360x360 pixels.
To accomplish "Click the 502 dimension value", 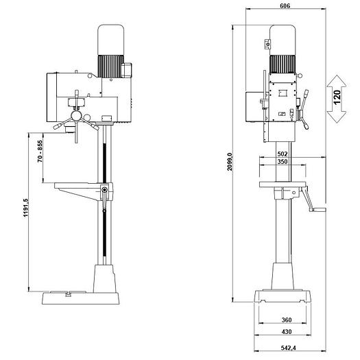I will (x=283, y=154).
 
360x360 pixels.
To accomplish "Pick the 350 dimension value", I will (x=283, y=163).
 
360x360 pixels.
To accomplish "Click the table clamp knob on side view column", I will (x=104, y=190).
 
